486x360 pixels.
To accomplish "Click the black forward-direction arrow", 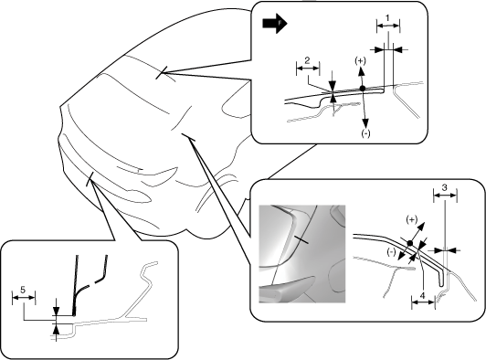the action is (275, 23).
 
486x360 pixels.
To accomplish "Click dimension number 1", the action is (387, 17).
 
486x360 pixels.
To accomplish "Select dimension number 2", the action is (307, 60).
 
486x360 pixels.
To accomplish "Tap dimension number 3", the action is (445, 187).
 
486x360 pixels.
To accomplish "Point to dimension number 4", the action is (422, 295).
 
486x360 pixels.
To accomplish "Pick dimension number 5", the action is (23, 290).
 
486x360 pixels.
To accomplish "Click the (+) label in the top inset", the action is (360, 61).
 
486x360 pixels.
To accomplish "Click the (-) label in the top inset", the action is (365, 133).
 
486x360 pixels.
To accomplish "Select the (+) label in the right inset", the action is (412, 220).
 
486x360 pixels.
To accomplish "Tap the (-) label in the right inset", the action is (392, 252).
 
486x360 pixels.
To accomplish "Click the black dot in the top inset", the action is (363, 89).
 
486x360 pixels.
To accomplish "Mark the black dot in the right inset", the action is (410, 243).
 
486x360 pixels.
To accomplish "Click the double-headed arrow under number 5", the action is (24, 297).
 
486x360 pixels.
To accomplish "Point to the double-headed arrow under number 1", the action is (388, 26).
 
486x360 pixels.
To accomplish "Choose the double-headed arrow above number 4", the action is (423, 302).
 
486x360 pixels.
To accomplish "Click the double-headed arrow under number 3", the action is (445, 196).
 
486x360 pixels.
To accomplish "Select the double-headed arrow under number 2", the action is (308, 69).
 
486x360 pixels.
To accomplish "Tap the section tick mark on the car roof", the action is (162, 72).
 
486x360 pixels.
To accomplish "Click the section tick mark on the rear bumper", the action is (90, 179).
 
